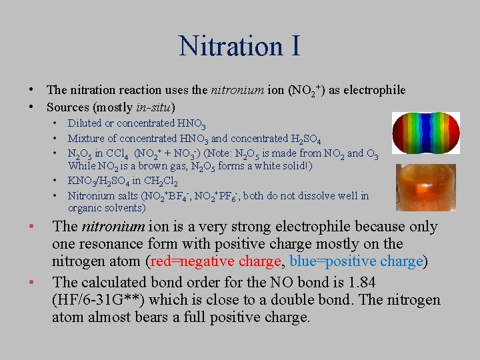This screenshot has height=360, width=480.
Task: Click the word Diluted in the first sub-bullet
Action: coord(85,123)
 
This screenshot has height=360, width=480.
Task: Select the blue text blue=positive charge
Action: coord(356,261)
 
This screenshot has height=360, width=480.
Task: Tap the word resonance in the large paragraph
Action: coord(113,243)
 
